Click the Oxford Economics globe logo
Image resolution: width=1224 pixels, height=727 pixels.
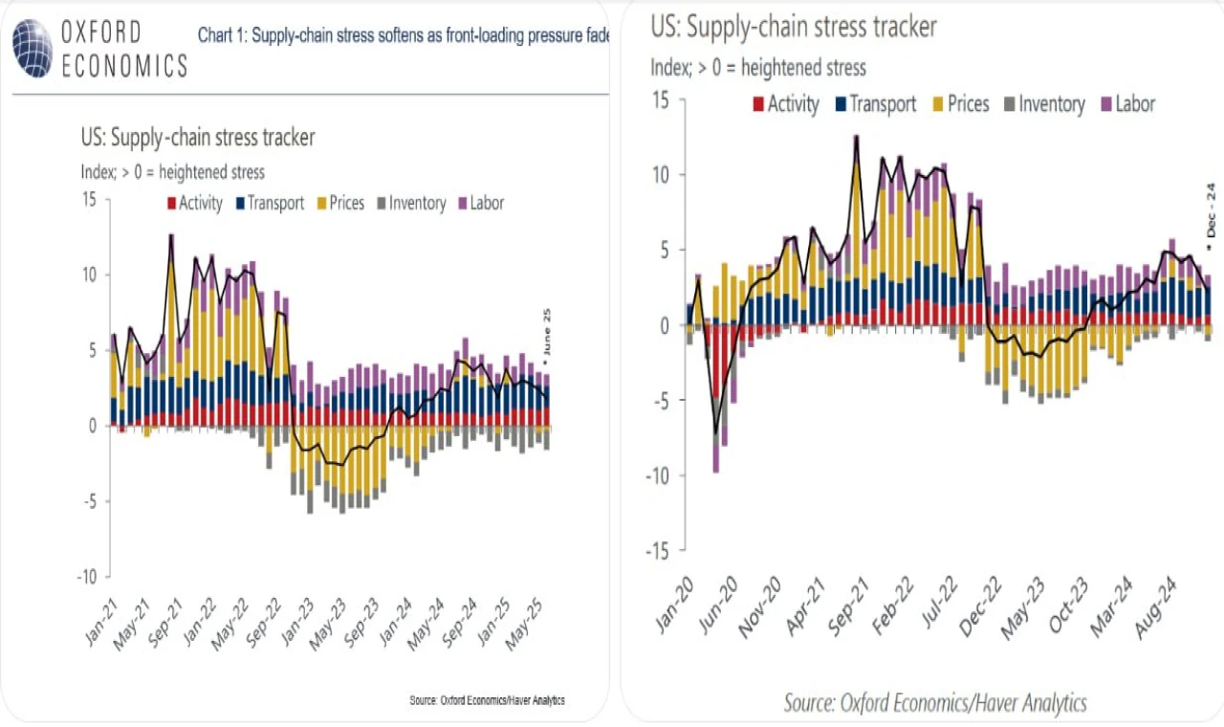33,49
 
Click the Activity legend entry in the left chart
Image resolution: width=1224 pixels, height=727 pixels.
194,203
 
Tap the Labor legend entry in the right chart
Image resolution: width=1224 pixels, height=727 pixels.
1128,104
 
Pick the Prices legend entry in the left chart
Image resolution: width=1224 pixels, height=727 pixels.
339,203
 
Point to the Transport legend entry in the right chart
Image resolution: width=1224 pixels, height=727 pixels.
875,104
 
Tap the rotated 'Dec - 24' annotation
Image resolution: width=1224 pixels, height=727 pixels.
1211,215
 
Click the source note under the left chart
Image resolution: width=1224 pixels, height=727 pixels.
487,700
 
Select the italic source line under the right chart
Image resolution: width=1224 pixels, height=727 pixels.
935,703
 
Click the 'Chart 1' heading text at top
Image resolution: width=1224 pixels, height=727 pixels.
403,35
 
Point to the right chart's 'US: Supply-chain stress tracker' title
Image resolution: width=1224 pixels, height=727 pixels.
794,28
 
